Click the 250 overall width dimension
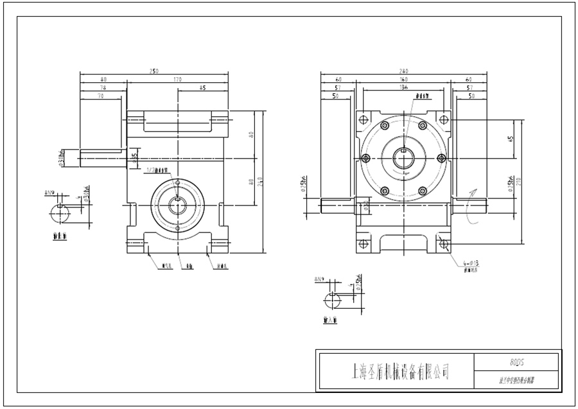point(153,71)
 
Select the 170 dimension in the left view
point(178,79)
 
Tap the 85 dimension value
point(202,87)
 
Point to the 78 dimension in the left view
point(103,87)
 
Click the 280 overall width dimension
point(404,71)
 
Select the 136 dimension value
point(404,87)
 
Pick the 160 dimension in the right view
point(404,79)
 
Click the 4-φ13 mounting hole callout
point(472,263)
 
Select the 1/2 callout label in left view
point(157,170)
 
